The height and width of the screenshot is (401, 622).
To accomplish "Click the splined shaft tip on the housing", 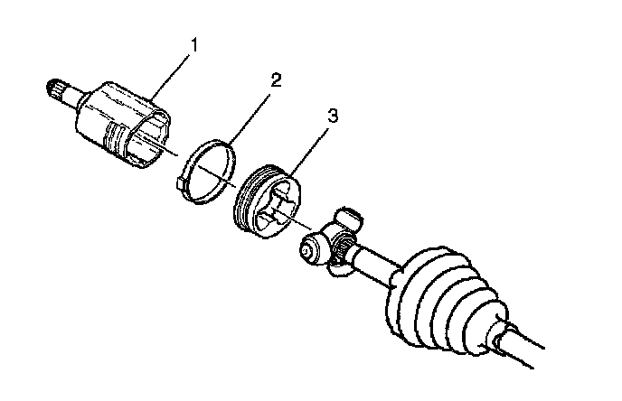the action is (x=56, y=89).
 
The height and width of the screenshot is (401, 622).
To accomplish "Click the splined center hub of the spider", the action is (x=336, y=242).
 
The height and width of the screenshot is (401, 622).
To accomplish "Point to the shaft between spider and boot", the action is (x=375, y=262).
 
